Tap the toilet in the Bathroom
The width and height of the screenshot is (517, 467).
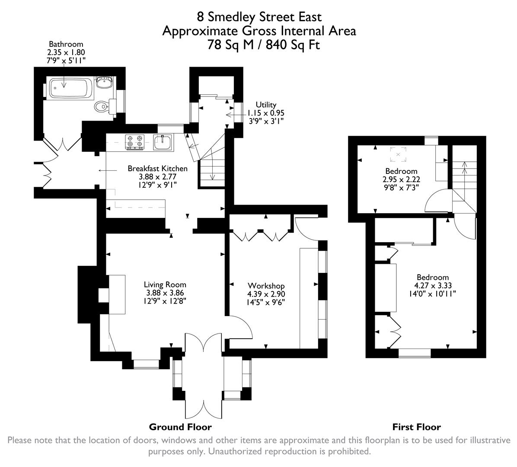(x=102, y=106)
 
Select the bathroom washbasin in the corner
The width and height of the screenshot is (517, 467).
(x=104, y=82)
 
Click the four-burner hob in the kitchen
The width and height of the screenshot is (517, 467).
(x=134, y=142)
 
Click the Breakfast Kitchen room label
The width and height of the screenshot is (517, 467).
(x=157, y=169)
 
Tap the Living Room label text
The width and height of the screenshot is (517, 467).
(x=165, y=285)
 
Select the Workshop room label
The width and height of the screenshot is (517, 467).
(x=266, y=286)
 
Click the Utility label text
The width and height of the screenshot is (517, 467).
(x=265, y=105)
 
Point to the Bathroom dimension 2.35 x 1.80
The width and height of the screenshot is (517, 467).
(x=66, y=52)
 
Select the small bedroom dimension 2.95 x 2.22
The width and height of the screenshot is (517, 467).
(x=401, y=179)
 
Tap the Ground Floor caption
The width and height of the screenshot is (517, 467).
(x=180, y=427)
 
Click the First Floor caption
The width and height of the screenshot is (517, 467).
(x=416, y=427)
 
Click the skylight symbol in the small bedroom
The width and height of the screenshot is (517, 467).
(x=398, y=154)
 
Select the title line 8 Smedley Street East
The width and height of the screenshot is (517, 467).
(x=259, y=17)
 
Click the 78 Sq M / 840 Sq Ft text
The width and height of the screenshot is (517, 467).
(x=264, y=45)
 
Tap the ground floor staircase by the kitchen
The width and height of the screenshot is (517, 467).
(x=211, y=166)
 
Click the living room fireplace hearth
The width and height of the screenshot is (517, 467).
(x=117, y=294)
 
